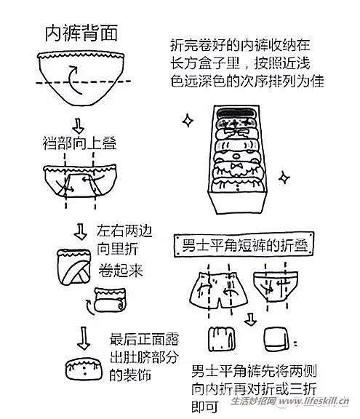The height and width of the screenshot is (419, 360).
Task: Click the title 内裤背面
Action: click(81, 34)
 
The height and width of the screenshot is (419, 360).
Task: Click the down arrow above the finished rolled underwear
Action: click(81, 336)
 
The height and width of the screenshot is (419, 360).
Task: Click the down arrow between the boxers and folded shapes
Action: click(250, 319)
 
